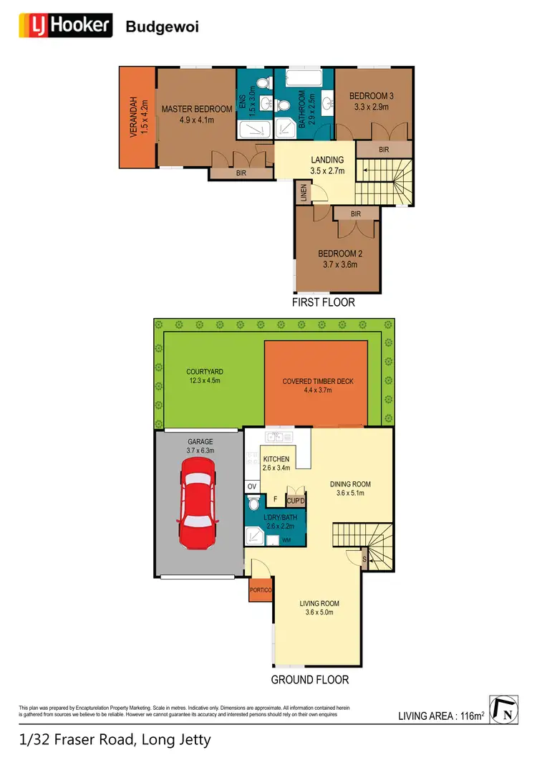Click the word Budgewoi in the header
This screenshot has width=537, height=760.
(x=162, y=27)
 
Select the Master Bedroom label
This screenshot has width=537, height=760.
(x=197, y=109)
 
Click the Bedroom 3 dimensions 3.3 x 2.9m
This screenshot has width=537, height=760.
(x=371, y=107)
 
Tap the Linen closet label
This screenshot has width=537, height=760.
(x=304, y=193)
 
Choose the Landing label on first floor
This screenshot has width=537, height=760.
(x=327, y=160)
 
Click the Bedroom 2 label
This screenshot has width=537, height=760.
(x=338, y=254)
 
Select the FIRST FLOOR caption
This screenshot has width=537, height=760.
(x=323, y=302)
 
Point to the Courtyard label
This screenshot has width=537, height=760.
(x=205, y=371)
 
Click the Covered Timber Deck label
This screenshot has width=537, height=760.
(x=318, y=381)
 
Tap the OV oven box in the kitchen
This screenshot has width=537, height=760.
(x=252, y=486)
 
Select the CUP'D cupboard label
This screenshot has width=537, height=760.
(x=296, y=501)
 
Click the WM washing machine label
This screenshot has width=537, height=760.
(x=286, y=539)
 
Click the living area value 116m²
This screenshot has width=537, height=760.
(x=470, y=716)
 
